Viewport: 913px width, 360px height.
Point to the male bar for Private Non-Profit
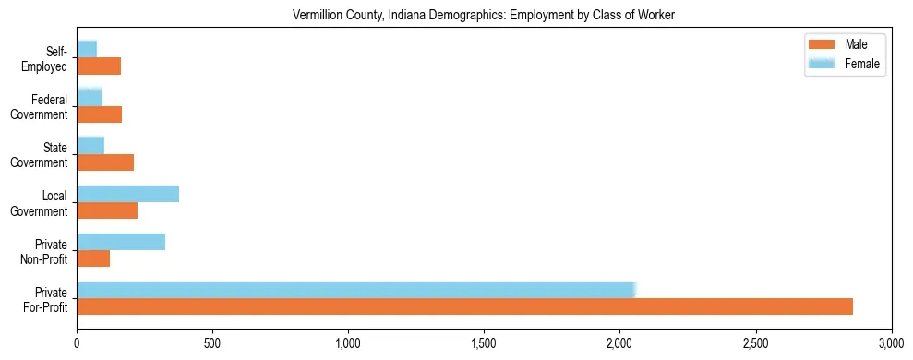93,258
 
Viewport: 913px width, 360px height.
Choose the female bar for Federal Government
90,98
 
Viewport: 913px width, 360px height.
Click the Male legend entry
849,44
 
